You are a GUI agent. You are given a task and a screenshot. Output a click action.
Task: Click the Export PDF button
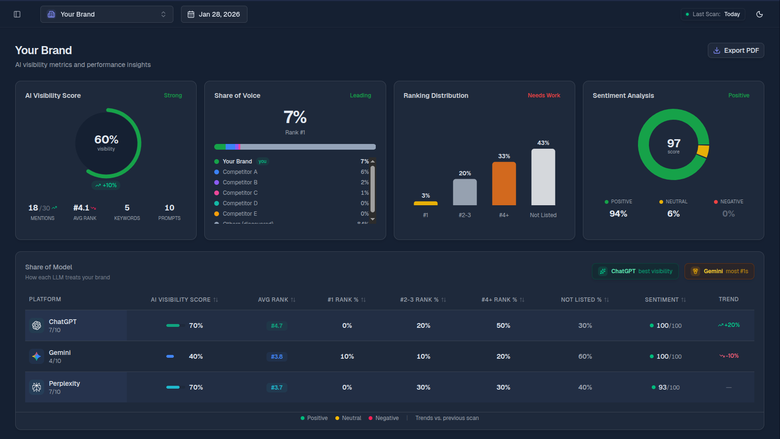[x=736, y=50]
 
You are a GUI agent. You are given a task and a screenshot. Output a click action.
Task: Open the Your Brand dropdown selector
[x=106, y=14]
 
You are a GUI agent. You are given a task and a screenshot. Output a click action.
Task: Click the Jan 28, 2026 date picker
[x=214, y=14]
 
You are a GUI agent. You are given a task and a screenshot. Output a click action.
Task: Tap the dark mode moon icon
[x=759, y=14]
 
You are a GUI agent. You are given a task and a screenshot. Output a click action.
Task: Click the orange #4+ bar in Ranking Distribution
[x=504, y=183]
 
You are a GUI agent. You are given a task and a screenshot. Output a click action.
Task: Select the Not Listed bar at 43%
[x=543, y=177]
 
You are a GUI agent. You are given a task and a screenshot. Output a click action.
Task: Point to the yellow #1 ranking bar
[x=426, y=203]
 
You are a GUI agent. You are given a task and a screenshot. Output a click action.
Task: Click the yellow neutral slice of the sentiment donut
[x=703, y=151]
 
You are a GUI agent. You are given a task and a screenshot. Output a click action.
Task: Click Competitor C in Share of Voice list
[x=240, y=193]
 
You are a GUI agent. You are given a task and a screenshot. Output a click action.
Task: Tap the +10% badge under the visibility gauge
[x=106, y=185]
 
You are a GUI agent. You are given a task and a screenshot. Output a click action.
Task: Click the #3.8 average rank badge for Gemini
[x=276, y=356]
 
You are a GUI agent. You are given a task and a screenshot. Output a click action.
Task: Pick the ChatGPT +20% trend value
[x=729, y=325]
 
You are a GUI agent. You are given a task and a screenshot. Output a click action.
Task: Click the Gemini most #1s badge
[x=719, y=271]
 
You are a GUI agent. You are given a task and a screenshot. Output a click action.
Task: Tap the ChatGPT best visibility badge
[x=636, y=271]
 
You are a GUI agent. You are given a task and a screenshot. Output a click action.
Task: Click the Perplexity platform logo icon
[x=37, y=387]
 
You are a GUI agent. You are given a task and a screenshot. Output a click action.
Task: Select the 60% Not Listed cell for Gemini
[x=585, y=356]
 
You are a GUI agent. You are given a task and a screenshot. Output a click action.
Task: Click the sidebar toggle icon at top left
[x=17, y=14]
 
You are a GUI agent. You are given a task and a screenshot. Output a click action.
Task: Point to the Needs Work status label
[x=544, y=95]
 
